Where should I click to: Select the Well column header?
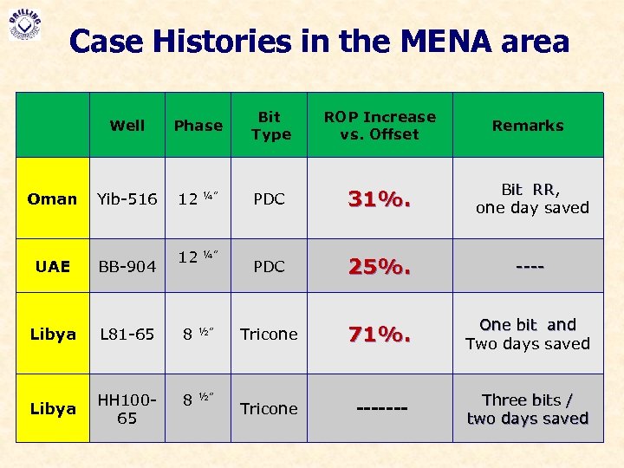tap(127, 126)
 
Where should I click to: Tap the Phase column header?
tap(198, 126)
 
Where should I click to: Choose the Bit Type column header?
tap(270, 126)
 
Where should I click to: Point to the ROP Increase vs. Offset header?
tap(380, 126)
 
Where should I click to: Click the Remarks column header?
tap(528, 126)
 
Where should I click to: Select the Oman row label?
tap(53, 198)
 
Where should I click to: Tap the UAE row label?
tap(53, 266)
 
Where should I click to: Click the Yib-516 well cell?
tap(127, 198)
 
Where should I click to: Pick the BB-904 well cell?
tap(127, 267)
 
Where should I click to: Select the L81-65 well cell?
tap(127, 334)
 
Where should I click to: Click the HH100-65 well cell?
tap(127, 409)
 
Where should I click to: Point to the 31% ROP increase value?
tap(379, 199)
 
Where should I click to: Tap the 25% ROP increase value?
tap(379, 266)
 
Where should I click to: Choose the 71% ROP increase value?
tap(379, 334)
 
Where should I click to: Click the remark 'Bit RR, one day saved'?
tap(531, 198)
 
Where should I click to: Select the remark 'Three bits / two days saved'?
tap(528, 409)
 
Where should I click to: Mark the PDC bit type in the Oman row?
tap(270, 198)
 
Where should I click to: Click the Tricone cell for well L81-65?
tap(269, 334)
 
